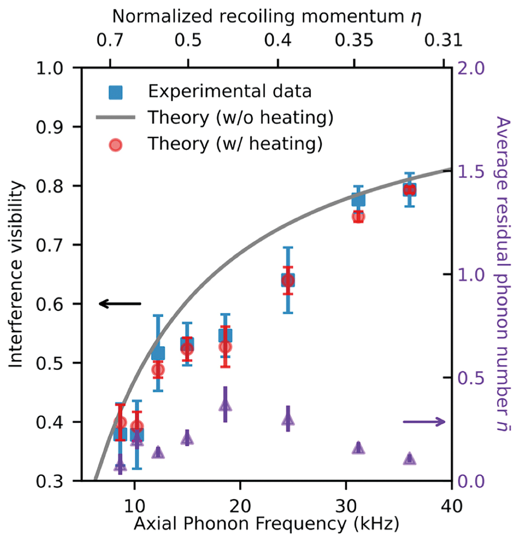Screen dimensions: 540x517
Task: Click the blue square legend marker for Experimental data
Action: [116, 92]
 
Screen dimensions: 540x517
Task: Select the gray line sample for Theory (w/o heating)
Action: [116, 118]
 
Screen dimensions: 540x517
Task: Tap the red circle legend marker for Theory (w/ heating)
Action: [116, 144]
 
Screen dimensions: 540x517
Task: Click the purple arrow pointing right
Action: [424, 422]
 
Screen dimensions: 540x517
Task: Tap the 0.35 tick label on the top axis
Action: [354, 41]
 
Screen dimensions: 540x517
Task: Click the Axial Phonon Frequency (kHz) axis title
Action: [266, 524]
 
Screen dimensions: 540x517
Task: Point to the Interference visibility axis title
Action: [16, 274]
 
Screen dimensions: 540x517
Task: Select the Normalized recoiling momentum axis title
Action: [266, 17]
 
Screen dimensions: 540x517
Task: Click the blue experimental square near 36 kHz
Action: [409, 190]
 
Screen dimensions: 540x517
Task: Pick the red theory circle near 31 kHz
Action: [358, 217]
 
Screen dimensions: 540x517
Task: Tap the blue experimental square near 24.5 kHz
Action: [288, 280]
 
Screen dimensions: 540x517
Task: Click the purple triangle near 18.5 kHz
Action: [225, 405]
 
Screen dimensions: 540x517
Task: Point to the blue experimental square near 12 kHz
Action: [158, 353]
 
